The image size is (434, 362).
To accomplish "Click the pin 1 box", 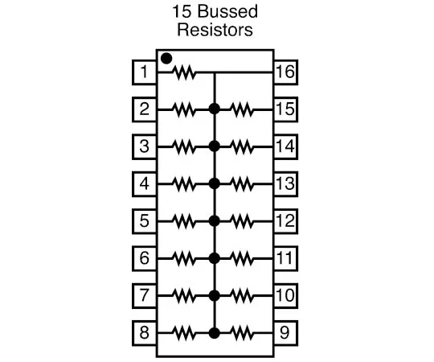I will pyautogui.click(x=144, y=73).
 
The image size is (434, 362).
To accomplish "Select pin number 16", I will pyautogui.click(x=285, y=73).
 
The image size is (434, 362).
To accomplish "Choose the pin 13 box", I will pyautogui.click(x=285, y=183).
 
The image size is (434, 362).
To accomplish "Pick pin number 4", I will pyautogui.click(x=144, y=183).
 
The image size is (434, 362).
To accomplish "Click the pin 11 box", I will pyautogui.click(x=285, y=258).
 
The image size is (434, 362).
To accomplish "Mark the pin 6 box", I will pyautogui.click(x=144, y=258).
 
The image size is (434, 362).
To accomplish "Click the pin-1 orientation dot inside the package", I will pyautogui.click(x=166, y=58).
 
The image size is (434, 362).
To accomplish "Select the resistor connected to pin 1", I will pyautogui.click(x=185, y=73).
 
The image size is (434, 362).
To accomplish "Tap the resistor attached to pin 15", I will pyautogui.click(x=243, y=109).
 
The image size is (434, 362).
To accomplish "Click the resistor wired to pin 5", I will pyautogui.click(x=185, y=220).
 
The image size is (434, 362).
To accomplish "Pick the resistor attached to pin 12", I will pyautogui.click(x=243, y=220).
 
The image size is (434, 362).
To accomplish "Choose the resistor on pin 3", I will pyautogui.click(x=185, y=146).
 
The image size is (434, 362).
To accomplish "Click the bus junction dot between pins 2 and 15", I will pyautogui.click(x=214, y=109).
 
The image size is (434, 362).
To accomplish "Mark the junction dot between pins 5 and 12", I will pyautogui.click(x=214, y=220).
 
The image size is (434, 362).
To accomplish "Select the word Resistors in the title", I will pyautogui.click(x=215, y=31).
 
